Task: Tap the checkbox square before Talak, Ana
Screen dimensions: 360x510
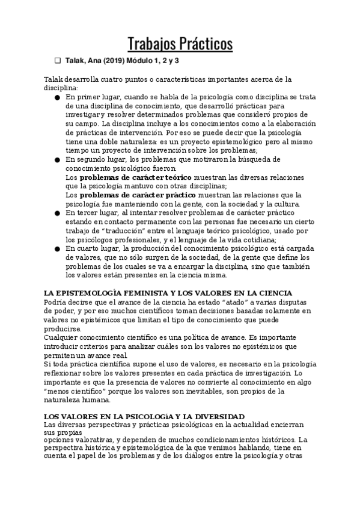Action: coord(58,61)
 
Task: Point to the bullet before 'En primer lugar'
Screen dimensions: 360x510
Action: coord(56,97)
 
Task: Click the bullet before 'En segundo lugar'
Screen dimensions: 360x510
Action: coord(56,159)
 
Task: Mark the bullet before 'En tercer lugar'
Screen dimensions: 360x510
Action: coord(56,213)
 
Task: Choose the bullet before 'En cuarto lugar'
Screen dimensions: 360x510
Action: coord(56,248)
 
